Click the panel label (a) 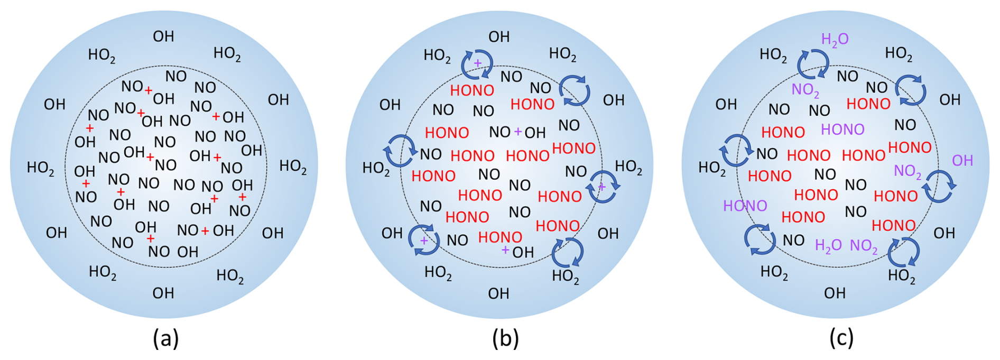[x=166, y=338]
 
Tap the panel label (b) [x=505, y=338]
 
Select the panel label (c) [x=841, y=338]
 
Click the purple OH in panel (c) [x=962, y=161]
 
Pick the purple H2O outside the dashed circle [x=835, y=39]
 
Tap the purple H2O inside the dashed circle [x=828, y=246]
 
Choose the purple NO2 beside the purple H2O [x=864, y=246]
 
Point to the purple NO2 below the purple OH [x=908, y=171]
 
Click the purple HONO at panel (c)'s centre [x=842, y=130]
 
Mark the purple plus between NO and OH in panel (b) [x=518, y=131]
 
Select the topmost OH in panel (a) [x=163, y=36]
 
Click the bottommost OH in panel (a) [x=163, y=293]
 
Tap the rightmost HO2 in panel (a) [x=293, y=167]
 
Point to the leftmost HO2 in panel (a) [x=41, y=168]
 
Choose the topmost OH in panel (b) [x=499, y=37]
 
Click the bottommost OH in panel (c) [x=835, y=293]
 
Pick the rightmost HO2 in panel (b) [x=628, y=167]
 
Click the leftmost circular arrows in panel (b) [x=400, y=151]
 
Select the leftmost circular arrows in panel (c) [x=736, y=151]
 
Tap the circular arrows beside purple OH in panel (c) [x=939, y=187]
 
